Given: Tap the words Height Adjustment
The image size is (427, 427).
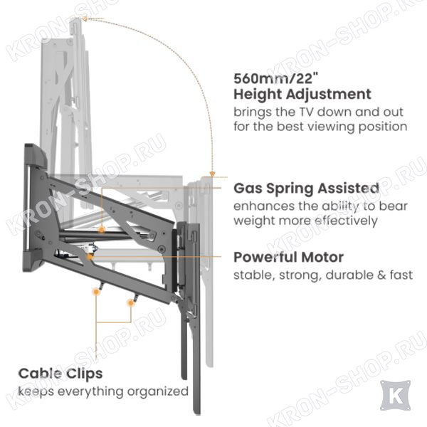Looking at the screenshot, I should point(302,94).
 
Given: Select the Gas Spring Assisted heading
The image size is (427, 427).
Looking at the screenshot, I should point(306,189).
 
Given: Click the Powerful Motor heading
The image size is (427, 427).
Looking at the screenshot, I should point(288,257).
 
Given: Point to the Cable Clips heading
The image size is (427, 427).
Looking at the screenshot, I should point(60,373).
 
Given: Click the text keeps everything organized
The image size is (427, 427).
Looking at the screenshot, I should point(103,391).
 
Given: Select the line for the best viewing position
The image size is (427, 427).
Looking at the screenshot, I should point(320,127).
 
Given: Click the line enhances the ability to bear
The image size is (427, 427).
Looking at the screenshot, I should point(316,206).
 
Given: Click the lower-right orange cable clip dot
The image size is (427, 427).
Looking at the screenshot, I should point(131,303).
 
